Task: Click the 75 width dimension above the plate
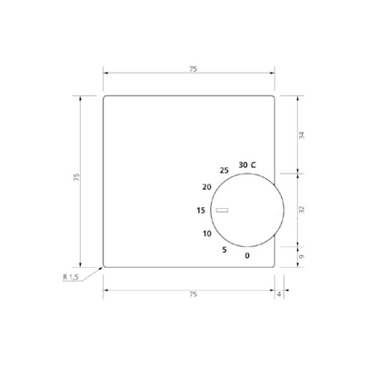pos(191,69)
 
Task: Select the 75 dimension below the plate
pos(191,294)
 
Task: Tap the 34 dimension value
pos(303,134)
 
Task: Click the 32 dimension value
pos(303,208)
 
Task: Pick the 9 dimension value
pos(303,257)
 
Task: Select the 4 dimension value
pos(279,294)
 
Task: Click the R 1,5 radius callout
pos(72,277)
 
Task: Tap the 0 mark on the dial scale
pos(246,254)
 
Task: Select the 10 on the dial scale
pos(207,234)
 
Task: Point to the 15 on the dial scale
pos(201,211)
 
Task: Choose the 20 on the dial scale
pos(207,187)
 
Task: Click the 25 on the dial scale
pos(224,171)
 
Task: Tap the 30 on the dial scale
pos(243,164)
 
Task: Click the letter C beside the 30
pos(254,164)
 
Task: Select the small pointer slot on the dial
pos(223,212)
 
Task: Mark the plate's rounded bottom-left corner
pos(104,266)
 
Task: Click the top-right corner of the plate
pos(275,96)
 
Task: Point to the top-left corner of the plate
pos(104,96)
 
